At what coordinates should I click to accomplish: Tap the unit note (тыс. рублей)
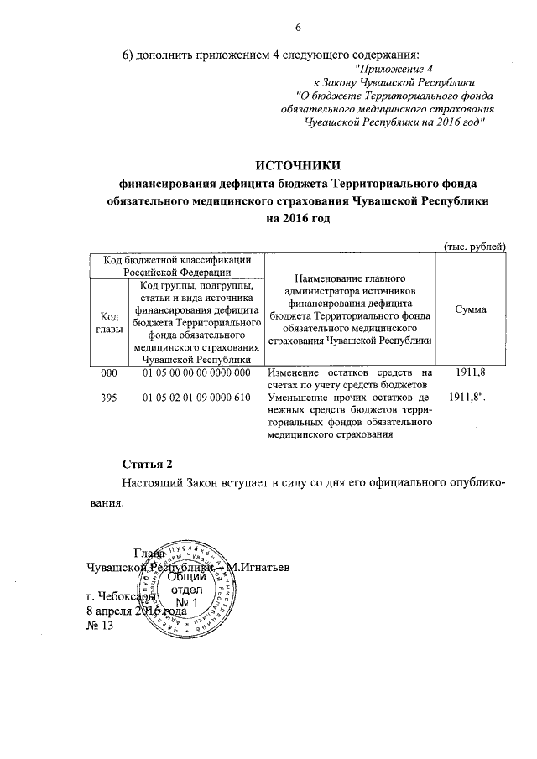(474, 246)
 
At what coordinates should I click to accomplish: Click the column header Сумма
(470, 309)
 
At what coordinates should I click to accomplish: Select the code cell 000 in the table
(108, 372)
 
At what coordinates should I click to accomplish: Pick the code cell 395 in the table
(108, 397)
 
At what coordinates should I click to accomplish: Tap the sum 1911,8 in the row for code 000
(469, 372)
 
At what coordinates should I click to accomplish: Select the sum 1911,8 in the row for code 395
(469, 397)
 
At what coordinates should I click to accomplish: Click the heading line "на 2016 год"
(298, 219)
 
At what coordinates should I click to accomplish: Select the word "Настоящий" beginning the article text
(152, 483)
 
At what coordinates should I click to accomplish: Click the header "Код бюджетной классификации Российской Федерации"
(175, 266)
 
